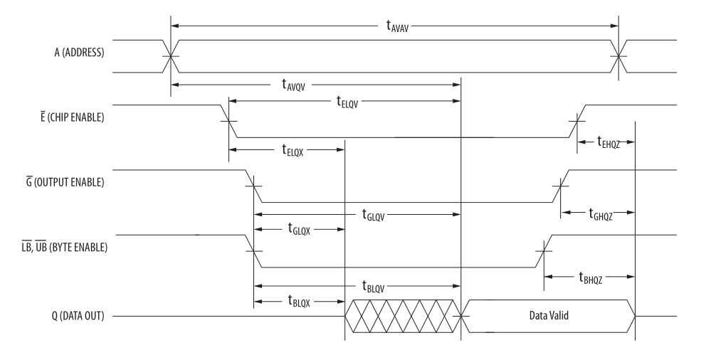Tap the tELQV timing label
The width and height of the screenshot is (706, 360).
pyautogui.click(x=347, y=101)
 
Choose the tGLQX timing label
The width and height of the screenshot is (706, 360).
pyautogui.click(x=302, y=229)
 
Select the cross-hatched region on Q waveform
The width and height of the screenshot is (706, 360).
pyautogui.click(x=403, y=317)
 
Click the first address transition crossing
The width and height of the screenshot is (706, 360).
pyautogui.click(x=171, y=56)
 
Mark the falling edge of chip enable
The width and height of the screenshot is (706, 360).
pyautogui.click(x=229, y=121)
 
